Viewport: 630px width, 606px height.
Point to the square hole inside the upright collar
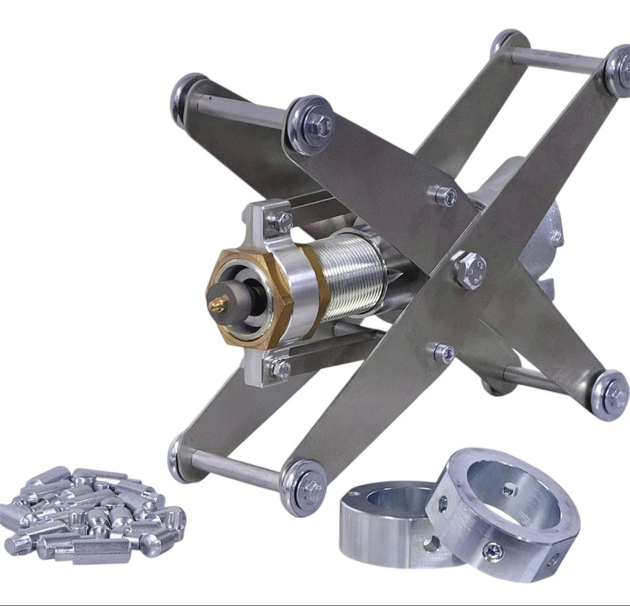tap(508, 490)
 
